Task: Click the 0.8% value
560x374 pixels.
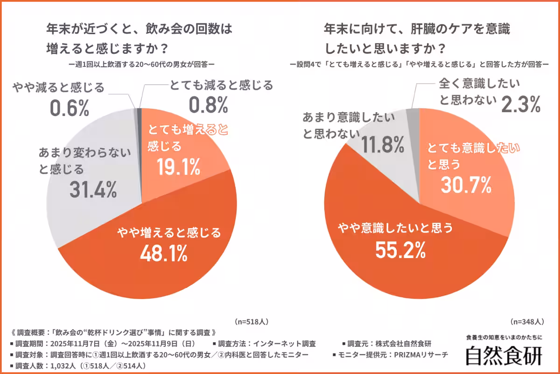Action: point(208,105)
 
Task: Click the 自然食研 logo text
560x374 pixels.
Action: point(504,355)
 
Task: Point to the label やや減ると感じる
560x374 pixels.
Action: point(58,87)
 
